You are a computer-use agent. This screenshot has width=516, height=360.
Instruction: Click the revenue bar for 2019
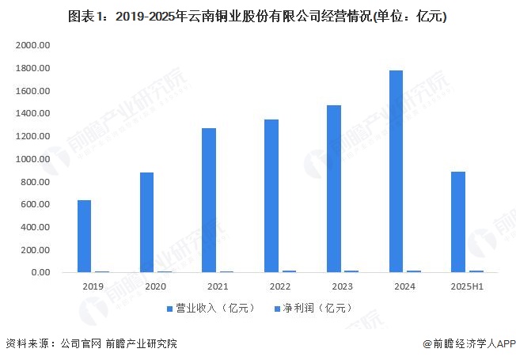(84, 236)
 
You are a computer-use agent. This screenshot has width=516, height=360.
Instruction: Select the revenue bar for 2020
(146, 222)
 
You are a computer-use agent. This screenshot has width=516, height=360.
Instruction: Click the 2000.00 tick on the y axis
(32, 46)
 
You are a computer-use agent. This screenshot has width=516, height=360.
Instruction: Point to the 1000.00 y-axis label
(32, 159)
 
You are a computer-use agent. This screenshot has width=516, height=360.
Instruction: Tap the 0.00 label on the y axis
(40, 272)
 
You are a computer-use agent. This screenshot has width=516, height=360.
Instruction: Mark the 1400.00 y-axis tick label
(32, 114)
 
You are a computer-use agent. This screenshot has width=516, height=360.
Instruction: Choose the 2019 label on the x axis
(92, 286)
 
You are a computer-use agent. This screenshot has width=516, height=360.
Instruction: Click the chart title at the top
(257, 16)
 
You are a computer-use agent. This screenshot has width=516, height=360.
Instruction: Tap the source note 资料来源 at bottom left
(91, 344)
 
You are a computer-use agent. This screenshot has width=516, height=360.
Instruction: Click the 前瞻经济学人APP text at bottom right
(468, 344)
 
